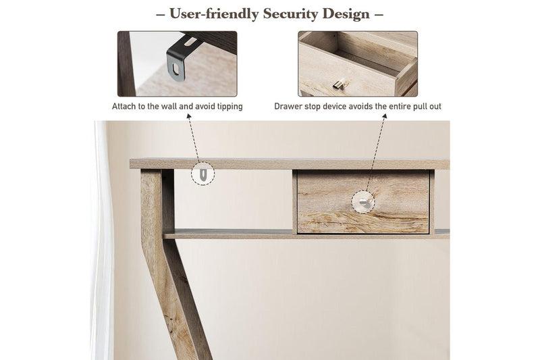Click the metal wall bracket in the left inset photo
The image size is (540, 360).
tap(177, 59)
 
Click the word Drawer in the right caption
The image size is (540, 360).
tap(288, 107)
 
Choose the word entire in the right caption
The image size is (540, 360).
tap(401, 107)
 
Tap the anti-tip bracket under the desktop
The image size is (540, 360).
tap(203, 174)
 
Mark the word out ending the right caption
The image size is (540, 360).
tap(435, 107)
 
